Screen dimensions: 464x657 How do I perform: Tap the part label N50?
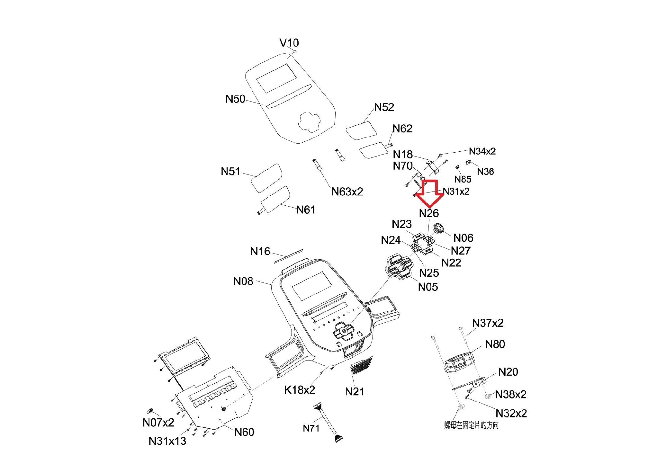point(235,99)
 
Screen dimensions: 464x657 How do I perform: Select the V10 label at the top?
point(289,43)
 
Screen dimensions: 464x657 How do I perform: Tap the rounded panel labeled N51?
point(266,178)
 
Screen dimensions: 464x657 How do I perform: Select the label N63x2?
point(347,192)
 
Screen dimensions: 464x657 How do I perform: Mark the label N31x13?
point(167,441)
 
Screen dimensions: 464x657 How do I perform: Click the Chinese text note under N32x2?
point(471,426)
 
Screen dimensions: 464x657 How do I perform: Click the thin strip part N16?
point(288,255)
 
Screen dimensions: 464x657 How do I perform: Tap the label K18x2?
point(300,390)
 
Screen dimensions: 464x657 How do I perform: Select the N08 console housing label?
point(243,281)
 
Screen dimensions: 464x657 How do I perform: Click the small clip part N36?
point(468,162)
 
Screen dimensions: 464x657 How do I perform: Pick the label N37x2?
point(488,323)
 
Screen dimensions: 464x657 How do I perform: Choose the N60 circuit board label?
point(244,432)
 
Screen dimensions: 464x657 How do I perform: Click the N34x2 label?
point(482,151)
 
